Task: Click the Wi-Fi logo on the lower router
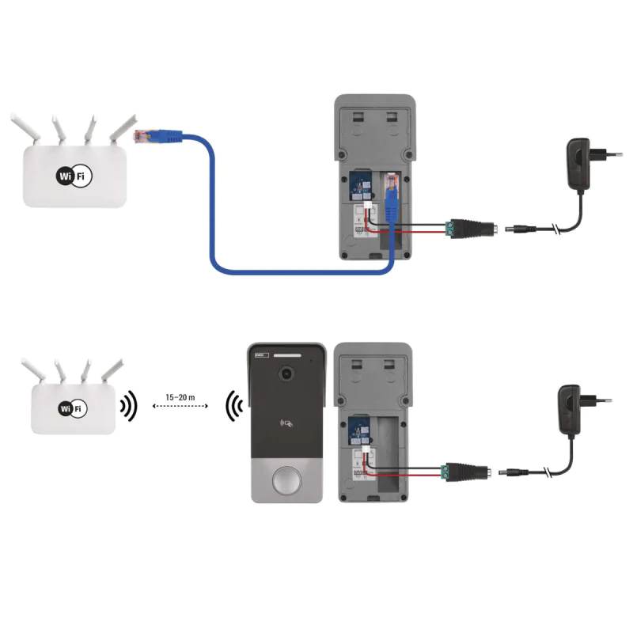click(72, 408)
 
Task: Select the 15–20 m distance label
click(180, 396)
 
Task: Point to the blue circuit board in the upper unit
click(361, 188)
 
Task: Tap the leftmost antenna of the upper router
click(22, 129)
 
